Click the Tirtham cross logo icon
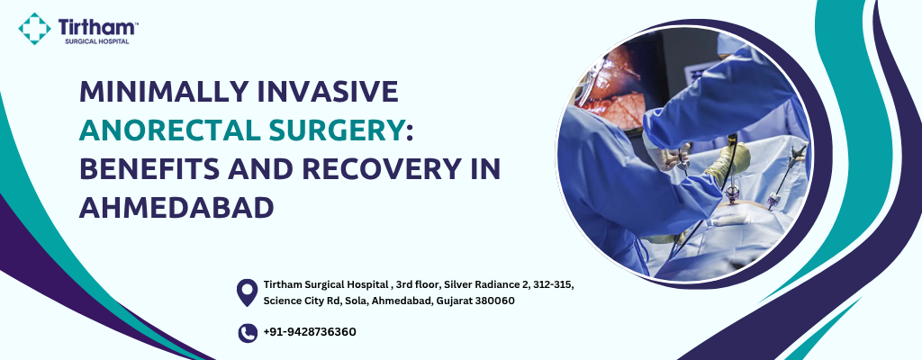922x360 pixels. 34,28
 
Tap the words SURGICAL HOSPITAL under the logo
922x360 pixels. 96,41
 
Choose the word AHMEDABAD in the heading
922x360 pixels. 176,208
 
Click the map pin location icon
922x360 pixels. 247,292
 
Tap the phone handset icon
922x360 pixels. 248,333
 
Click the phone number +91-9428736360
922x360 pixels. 310,332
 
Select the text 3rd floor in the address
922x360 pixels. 418,284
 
